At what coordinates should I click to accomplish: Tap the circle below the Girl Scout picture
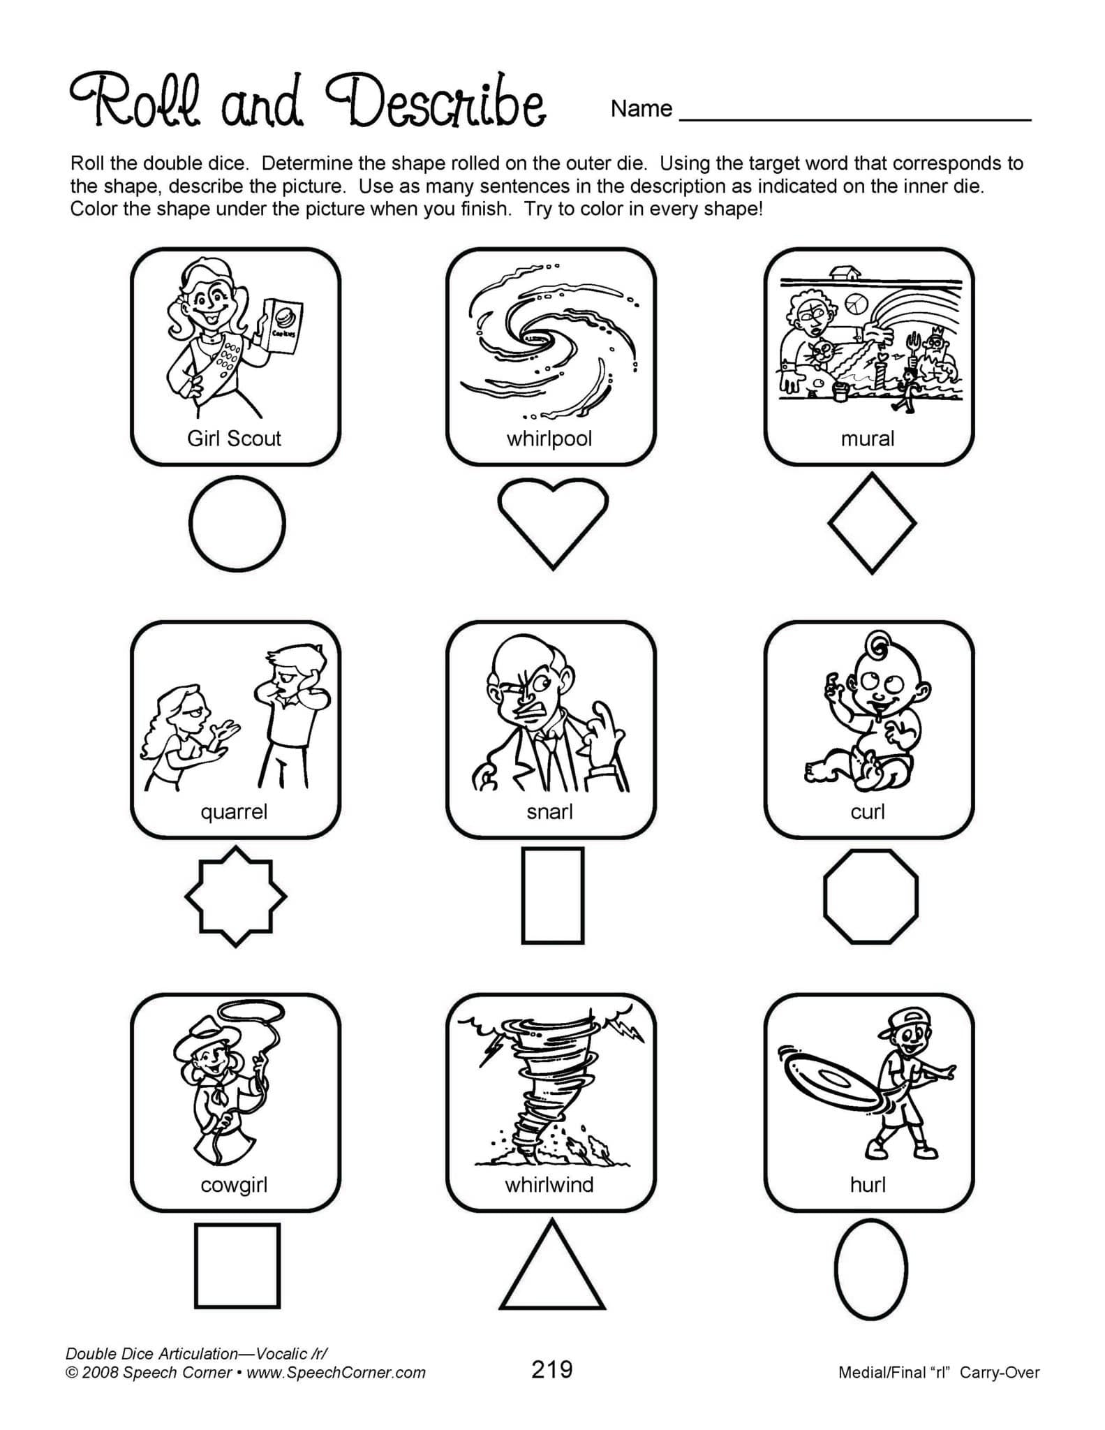(237, 523)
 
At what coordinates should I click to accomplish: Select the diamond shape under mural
(872, 523)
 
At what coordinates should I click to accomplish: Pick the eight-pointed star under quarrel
(235, 896)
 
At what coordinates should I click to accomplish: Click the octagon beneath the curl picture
(870, 897)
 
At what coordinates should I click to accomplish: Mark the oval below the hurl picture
(870, 1269)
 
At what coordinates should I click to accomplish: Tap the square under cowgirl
(237, 1265)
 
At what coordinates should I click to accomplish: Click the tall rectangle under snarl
(552, 896)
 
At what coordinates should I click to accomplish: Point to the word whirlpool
(549, 438)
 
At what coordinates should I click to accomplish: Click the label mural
(867, 438)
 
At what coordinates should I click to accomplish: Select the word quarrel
(234, 811)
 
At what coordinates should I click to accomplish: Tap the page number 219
(551, 1369)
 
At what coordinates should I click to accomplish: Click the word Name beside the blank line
(641, 109)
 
